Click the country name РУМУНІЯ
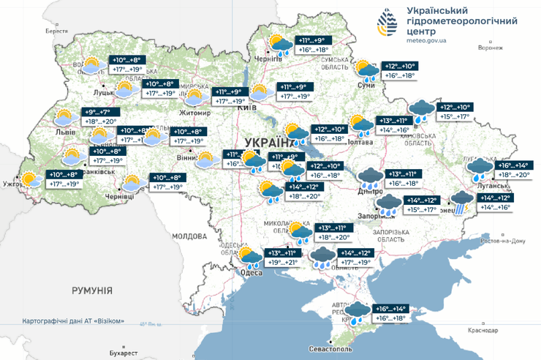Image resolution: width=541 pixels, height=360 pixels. tap(91, 290)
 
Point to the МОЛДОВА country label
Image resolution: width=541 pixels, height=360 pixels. tap(189, 236)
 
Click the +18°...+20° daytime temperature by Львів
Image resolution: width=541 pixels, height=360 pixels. tap(100, 121)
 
